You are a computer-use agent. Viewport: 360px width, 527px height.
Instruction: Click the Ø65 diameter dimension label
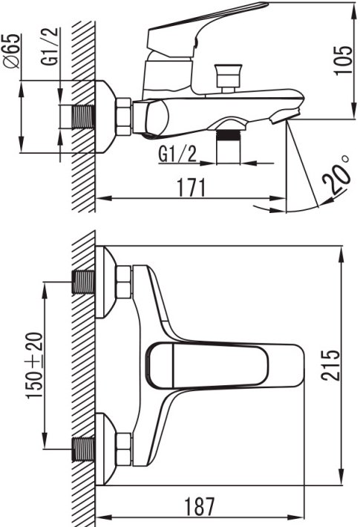[11, 51]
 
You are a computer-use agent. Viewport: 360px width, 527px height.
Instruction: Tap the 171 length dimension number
[191, 188]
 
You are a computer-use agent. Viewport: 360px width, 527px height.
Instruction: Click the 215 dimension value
[330, 365]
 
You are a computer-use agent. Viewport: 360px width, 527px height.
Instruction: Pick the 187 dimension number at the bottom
[200, 506]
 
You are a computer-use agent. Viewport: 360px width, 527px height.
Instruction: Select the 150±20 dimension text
[36, 365]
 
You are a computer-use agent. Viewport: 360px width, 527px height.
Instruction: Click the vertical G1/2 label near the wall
[50, 46]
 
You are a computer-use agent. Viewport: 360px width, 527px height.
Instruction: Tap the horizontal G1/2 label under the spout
[177, 154]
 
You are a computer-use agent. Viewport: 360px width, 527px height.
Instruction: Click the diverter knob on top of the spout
[229, 78]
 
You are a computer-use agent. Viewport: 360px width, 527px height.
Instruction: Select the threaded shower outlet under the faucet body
[229, 146]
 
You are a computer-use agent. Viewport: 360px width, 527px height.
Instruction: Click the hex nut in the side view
[123, 117]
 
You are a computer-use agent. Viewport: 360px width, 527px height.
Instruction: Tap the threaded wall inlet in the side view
[84, 117]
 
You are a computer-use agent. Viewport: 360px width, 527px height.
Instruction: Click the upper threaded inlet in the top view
[84, 282]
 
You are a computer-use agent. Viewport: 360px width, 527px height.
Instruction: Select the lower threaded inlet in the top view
[84, 449]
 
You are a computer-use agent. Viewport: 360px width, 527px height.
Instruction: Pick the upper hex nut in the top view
[123, 282]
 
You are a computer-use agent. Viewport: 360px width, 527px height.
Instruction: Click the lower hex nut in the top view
[123, 449]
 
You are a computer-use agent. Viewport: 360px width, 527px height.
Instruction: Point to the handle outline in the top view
[207, 364]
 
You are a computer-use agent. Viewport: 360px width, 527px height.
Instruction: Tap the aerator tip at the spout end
[284, 117]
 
